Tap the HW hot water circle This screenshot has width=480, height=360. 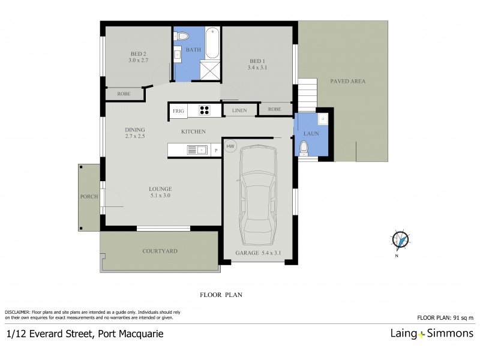[230, 146]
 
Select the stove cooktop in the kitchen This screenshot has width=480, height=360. [204, 110]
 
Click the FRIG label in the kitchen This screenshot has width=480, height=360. [178, 111]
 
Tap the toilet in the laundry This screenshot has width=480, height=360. [304, 147]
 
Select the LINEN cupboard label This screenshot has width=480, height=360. [240, 110]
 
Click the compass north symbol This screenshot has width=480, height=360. [400, 239]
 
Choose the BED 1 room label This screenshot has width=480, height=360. [256, 61]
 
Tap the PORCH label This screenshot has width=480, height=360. [89, 197]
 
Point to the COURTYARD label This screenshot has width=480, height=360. [160, 251]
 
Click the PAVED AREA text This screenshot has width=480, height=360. [347, 81]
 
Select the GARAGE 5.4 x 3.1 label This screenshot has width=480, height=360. [259, 254]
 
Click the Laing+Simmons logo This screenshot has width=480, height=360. [431, 333]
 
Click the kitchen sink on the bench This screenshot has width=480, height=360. [202, 150]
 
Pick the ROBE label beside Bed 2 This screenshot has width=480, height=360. [124, 94]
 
